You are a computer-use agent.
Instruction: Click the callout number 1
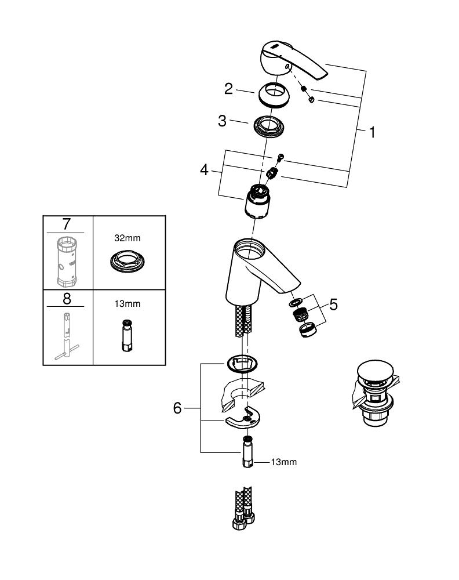[x=371, y=132]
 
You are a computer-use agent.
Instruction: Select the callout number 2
[x=229, y=89]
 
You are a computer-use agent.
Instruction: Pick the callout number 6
[x=177, y=408]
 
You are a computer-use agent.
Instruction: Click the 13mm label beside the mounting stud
[x=284, y=462]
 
